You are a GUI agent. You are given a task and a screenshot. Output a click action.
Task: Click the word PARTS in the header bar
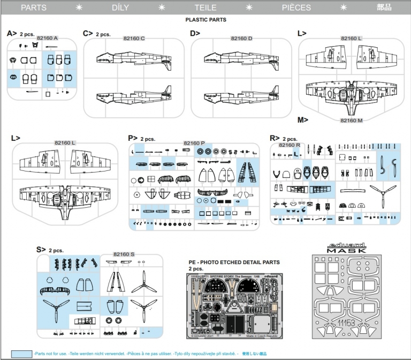pyautogui.click(x=33, y=8)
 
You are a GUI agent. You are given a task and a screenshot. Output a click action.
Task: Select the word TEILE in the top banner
pyautogui.click(x=205, y=8)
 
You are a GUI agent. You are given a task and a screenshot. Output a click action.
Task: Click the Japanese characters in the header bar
pyautogui.click(x=384, y=8)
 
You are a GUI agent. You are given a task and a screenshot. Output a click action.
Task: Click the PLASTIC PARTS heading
pyautogui.click(x=205, y=19)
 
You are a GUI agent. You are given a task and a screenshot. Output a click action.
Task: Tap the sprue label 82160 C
pyautogui.click(x=134, y=39)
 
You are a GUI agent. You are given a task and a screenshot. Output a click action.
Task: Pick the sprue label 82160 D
pyautogui.click(x=241, y=39)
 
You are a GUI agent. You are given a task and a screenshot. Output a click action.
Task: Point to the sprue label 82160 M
pyautogui.click(x=352, y=121)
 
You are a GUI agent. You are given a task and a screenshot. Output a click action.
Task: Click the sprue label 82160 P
pyautogui.click(x=194, y=143)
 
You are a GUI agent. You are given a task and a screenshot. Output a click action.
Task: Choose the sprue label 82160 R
pyautogui.click(x=289, y=145)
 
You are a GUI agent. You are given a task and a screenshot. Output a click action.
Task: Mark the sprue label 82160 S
pyautogui.click(x=124, y=254)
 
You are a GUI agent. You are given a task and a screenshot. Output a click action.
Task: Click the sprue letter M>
pyautogui.click(x=302, y=119)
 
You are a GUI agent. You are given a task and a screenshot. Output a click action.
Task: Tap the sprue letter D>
pyautogui.click(x=195, y=33)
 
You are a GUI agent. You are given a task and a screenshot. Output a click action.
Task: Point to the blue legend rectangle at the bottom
pyautogui.click(x=21, y=354)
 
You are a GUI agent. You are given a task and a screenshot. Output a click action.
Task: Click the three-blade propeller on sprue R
pyautogui.click(x=383, y=197)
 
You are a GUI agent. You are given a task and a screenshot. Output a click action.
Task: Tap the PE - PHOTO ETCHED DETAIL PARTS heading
pyautogui.click(x=233, y=262)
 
